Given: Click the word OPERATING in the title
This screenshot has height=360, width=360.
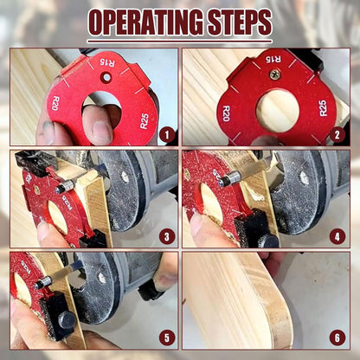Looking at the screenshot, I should pos(143,23).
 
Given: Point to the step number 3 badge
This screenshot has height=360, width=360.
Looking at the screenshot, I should pos(166,235).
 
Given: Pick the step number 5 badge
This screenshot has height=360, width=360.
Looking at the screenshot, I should pos(166,337).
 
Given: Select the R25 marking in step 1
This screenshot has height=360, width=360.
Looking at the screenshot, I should pos(144,121).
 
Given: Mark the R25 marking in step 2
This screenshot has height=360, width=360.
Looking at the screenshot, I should pos(322,108).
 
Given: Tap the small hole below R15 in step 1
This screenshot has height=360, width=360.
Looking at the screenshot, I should pos(104,78).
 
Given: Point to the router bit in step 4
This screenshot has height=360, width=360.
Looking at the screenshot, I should pos(230,179).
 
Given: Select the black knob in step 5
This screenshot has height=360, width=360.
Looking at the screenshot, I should pos(64,320).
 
